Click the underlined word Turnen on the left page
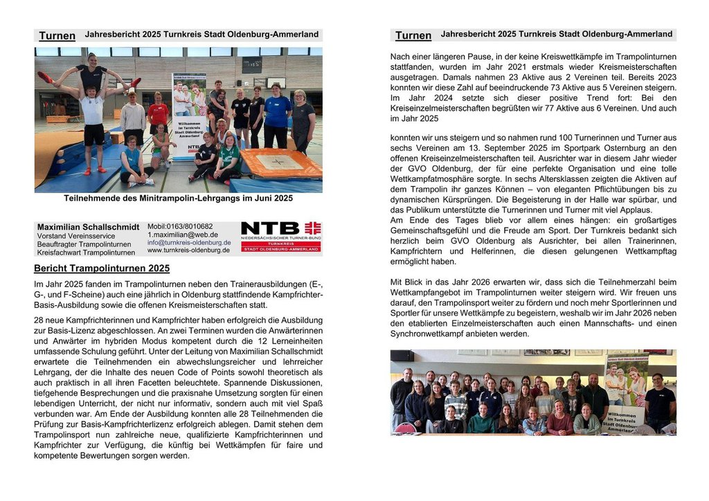(x=57, y=35)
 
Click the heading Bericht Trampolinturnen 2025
(x=101, y=268)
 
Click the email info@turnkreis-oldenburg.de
(x=189, y=242)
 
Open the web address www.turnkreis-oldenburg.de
(x=188, y=250)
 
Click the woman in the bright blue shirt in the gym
(x=278, y=114)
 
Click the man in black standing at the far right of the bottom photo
(x=659, y=405)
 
